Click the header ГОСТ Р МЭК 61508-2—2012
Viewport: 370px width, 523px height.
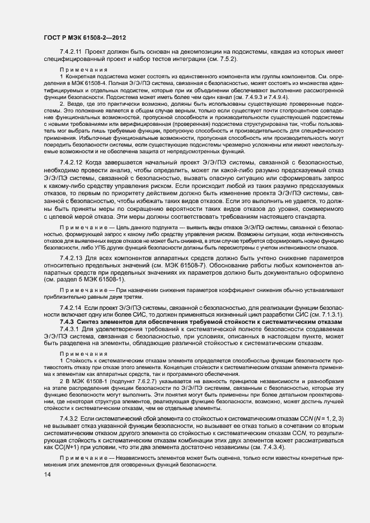click(x=83, y=37)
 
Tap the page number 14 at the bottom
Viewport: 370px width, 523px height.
click(x=46, y=474)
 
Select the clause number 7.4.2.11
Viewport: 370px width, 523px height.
click(x=71, y=51)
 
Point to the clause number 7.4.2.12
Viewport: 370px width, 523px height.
click(x=71, y=161)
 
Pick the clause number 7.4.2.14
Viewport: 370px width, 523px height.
click(x=71, y=308)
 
